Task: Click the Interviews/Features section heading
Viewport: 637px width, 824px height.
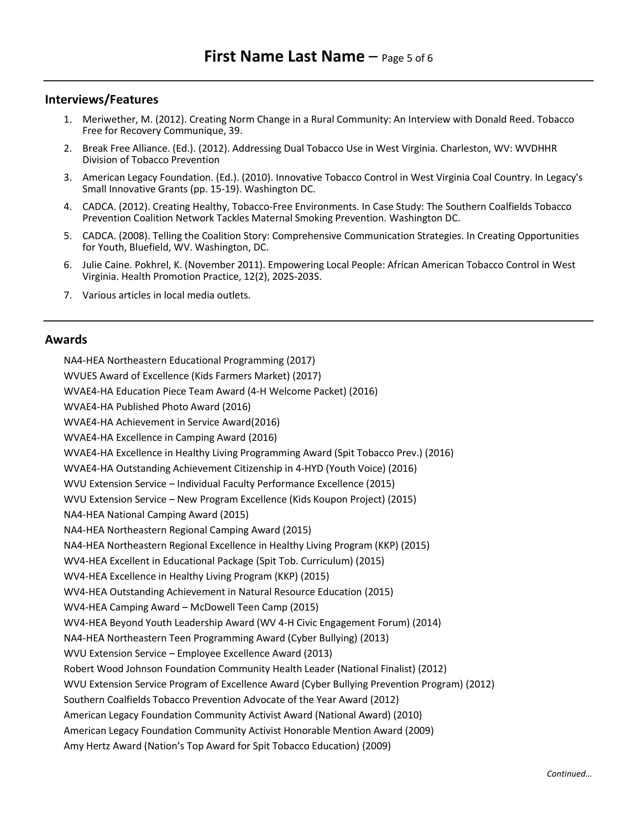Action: [x=102, y=100]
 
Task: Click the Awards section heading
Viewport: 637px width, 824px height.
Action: [x=66, y=340]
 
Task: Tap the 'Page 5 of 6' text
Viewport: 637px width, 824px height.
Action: [x=407, y=58]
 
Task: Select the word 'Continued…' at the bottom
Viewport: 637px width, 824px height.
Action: [x=569, y=774]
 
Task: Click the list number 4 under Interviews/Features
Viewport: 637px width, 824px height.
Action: [x=67, y=207]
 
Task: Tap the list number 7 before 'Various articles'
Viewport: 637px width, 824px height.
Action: [x=67, y=295]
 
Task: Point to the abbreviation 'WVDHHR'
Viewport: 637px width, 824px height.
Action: [x=536, y=149]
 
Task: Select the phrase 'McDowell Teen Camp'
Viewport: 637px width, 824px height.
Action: [x=239, y=607]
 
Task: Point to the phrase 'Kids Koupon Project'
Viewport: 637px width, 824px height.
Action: [x=337, y=499]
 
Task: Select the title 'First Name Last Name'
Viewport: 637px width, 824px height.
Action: [x=284, y=57]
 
